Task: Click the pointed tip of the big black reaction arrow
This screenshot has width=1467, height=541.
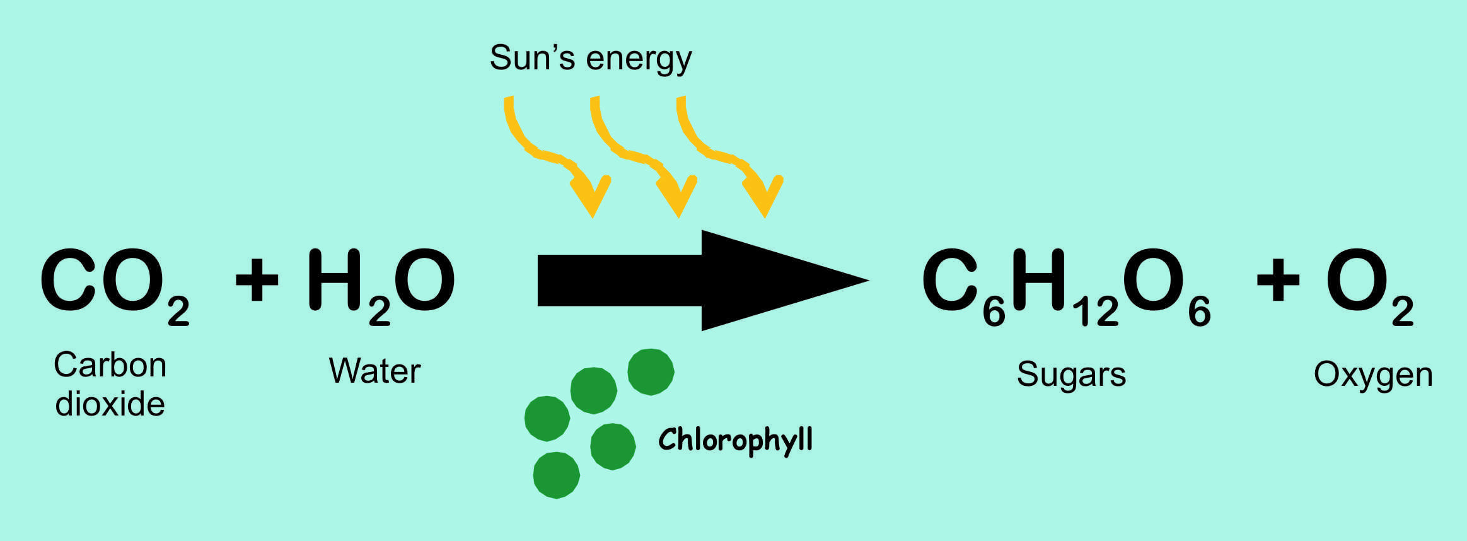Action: point(869,280)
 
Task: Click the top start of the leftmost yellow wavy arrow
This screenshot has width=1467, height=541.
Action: point(509,97)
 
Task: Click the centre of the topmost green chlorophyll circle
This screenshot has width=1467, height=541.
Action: point(651,372)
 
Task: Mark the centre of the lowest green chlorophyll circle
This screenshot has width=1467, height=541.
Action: point(556,475)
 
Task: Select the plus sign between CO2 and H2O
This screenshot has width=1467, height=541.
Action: point(257,279)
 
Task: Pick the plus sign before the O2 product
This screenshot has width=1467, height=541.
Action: point(1278,279)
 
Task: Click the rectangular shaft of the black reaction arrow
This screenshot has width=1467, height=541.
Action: point(620,280)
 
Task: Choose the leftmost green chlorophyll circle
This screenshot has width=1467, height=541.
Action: point(547,419)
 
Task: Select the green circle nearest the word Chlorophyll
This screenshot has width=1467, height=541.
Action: point(613,446)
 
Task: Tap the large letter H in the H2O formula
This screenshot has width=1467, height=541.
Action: point(335,279)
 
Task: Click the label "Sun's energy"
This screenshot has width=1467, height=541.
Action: point(591,59)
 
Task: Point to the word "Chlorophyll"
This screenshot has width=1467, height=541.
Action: point(735,440)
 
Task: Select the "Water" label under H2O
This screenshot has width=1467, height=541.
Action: point(374,371)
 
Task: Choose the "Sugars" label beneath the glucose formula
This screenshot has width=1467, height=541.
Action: point(1071,375)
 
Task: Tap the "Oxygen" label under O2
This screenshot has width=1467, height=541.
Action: point(1373,375)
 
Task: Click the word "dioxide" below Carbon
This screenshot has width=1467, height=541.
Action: point(110,404)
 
